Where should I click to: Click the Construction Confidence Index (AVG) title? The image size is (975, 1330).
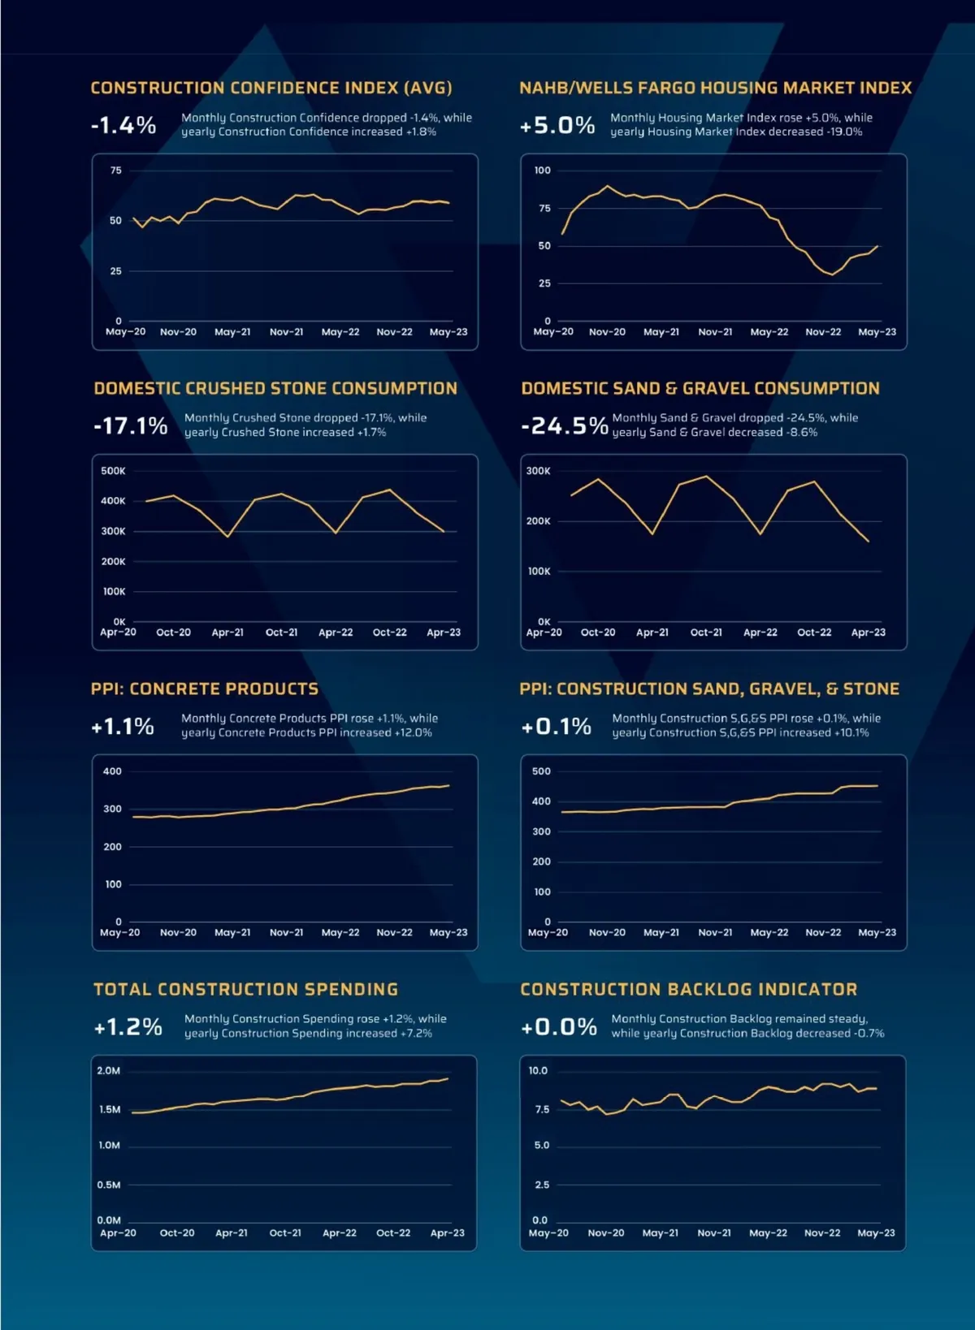pos(271,88)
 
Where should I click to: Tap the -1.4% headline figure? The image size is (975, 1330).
pos(123,125)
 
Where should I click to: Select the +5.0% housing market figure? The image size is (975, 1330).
pos(557,125)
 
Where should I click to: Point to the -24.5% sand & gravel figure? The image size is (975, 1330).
pos(565,425)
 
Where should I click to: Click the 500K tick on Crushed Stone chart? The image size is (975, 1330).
pos(113,471)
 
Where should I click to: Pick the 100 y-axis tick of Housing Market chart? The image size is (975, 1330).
pos(542,171)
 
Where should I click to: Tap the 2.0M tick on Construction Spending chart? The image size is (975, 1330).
pos(109,1071)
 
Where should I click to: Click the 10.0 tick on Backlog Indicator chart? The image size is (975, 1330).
pos(538,1071)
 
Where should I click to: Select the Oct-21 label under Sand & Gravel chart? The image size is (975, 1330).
pos(706,633)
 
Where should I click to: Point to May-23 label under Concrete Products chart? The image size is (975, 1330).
pos(448,933)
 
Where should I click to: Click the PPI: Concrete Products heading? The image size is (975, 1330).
pos(205,689)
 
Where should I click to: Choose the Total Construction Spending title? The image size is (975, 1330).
pos(245,989)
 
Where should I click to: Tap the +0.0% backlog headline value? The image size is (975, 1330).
pos(559,1027)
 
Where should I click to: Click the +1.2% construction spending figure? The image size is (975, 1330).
pos(128,1027)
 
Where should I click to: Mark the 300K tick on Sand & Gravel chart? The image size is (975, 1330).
pos(538,471)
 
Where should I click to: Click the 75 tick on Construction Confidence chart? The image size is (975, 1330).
pos(115,171)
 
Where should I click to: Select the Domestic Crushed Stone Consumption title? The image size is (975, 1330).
pos(275,388)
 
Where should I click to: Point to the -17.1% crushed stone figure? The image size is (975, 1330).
pos(130,425)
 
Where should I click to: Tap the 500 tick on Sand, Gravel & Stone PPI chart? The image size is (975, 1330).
pos(541,771)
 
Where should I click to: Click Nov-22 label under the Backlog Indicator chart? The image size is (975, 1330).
pos(822,1233)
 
